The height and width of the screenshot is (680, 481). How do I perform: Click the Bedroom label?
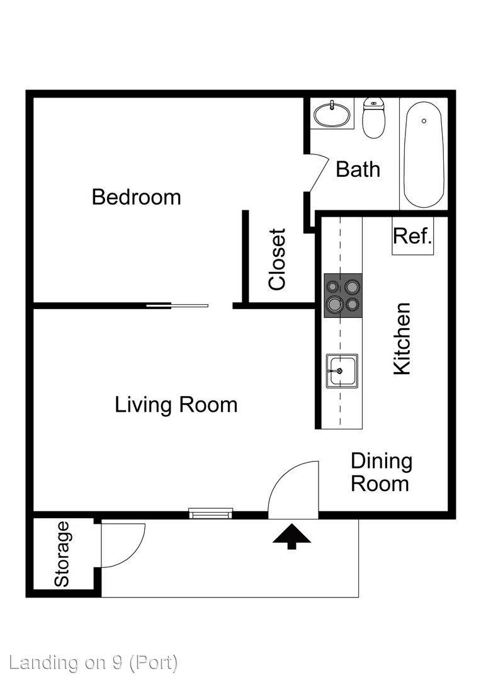pyautogui.click(x=136, y=197)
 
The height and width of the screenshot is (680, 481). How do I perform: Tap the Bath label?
pyautogui.click(x=358, y=169)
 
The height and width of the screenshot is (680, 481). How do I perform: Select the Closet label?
pyautogui.click(x=277, y=259)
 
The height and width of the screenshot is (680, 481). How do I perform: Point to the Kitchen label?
pyautogui.click(x=402, y=339)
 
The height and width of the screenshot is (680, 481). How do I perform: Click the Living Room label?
pyautogui.click(x=176, y=405)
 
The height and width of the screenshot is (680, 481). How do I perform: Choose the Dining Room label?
pyautogui.click(x=381, y=472)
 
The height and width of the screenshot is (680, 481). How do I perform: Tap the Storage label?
pyautogui.click(x=62, y=554)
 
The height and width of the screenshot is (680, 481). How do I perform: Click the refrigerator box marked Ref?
pyautogui.click(x=412, y=235)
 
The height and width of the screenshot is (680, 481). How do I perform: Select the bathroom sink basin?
pyautogui.click(x=332, y=114)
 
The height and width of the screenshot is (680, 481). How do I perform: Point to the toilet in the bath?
pyautogui.click(x=374, y=118)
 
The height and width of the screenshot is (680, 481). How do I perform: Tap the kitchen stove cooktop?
pyautogui.click(x=343, y=296)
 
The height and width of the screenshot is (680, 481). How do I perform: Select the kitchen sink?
pyautogui.click(x=342, y=371)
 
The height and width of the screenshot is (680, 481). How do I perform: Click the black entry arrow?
pyautogui.click(x=291, y=536)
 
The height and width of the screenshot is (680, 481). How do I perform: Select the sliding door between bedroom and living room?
pyautogui.click(x=177, y=306)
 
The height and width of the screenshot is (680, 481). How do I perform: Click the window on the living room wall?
pyautogui.click(x=211, y=513)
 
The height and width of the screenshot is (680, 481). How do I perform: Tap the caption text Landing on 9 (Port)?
pyautogui.click(x=93, y=662)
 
